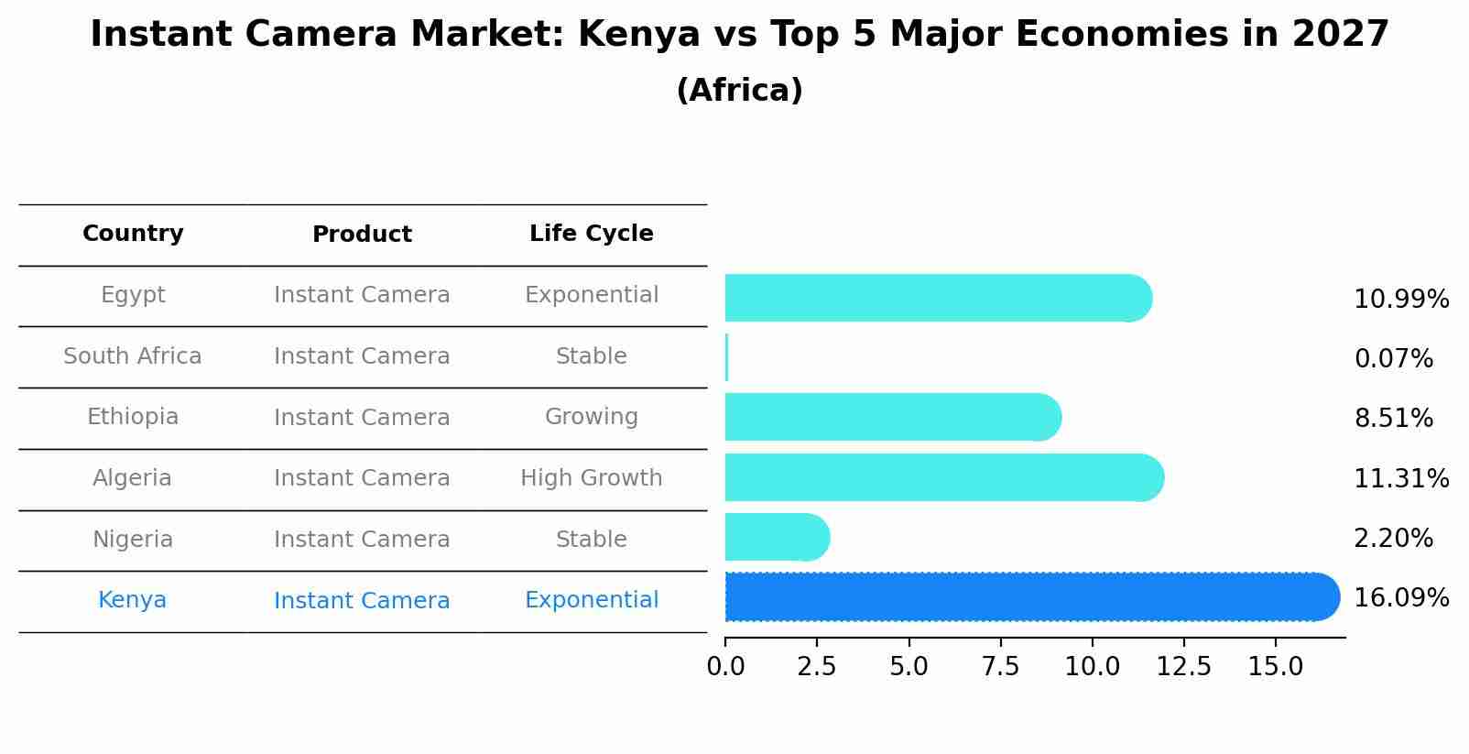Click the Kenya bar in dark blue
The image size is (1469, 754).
click(x=1026, y=597)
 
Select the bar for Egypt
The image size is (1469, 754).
click(x=934, y=299)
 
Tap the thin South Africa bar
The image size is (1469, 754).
click(x=726, y=357)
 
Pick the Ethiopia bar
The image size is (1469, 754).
click(x=888, y=418)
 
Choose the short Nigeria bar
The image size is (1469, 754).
click(x=775, y=538)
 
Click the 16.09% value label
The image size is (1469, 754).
click(x=1400, y=598)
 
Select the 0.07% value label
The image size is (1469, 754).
click(x=1393, y=359)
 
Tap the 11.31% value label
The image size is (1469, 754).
click(x=1400, y=479)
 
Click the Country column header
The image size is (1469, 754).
click(x=133, y=234)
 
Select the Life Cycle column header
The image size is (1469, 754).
click(x=591, y=234)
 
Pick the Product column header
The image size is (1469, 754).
click(x=362, y=235)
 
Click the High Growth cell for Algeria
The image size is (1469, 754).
click(x=591, y=478)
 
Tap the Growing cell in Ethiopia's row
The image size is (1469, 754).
click(x=591, y=417)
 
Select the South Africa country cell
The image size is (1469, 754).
click(x=133, y=356)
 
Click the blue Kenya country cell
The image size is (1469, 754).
click(x=133, y=600)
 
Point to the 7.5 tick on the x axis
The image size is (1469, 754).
click(x=1000, y=667)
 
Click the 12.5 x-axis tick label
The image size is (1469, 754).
click(x=1183, y=667)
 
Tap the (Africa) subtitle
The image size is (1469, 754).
click(x=739, y=91)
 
